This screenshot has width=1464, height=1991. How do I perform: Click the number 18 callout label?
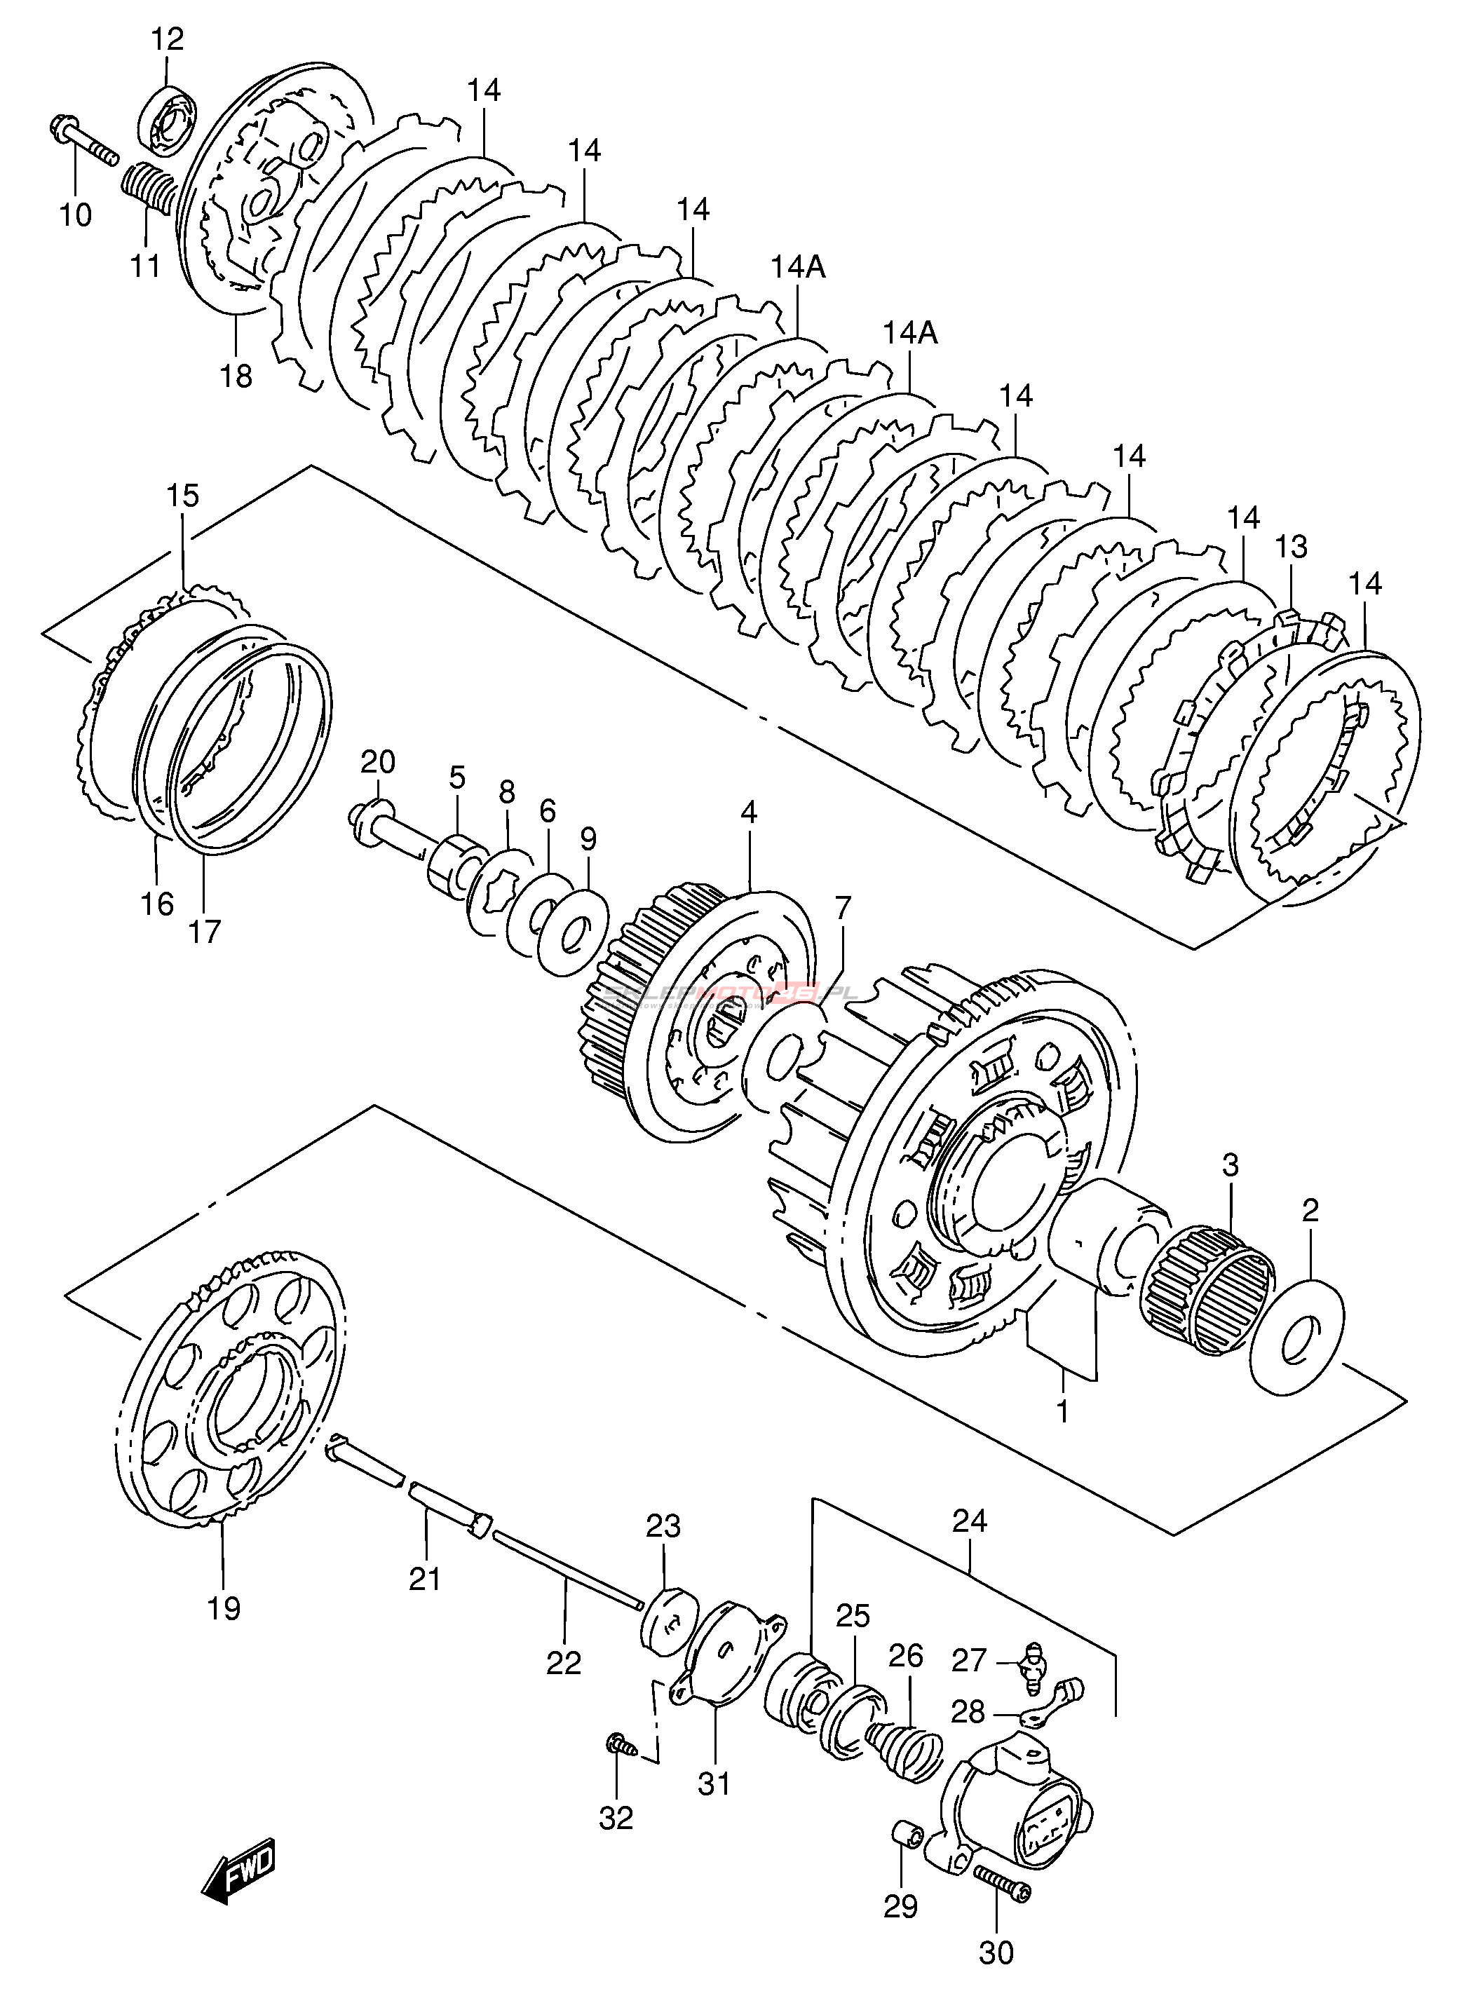[x=236, y=376]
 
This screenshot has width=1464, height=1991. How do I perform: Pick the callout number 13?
[x=1292, y=547]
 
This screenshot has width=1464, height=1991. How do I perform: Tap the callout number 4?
[x=750, y=813]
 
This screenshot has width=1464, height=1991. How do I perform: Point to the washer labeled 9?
[x=572, y=930]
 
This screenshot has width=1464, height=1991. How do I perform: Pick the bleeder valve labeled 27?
[x=1032, y=1658]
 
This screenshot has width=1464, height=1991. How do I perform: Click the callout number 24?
[x=970, y=1521]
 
